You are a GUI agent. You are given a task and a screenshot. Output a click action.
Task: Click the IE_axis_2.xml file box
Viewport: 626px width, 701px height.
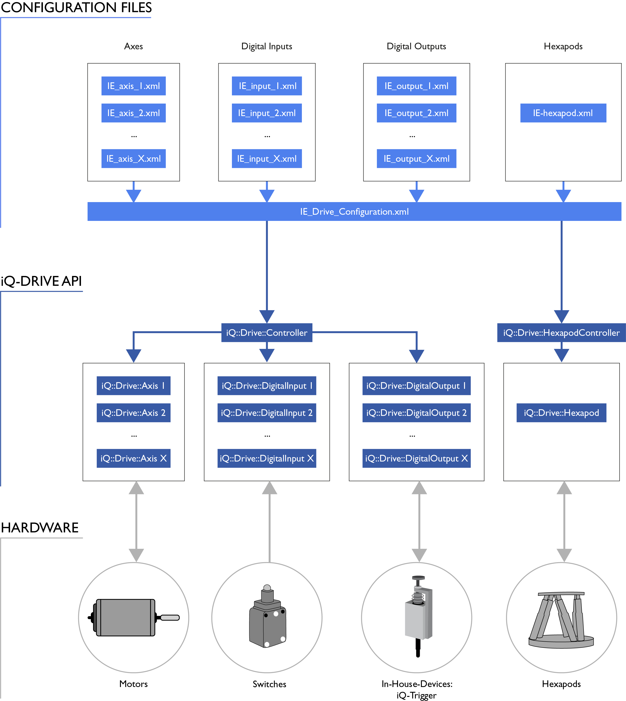134,113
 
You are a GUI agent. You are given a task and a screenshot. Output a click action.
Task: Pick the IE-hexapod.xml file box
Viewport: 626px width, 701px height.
563,113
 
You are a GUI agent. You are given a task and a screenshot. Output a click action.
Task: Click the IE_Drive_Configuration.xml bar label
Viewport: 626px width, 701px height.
354,211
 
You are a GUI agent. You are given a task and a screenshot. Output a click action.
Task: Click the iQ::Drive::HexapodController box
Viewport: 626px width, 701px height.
561,333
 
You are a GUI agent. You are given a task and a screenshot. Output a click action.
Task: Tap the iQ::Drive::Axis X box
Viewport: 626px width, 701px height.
134,458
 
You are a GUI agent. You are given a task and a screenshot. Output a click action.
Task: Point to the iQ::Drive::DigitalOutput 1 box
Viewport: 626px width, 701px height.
417,386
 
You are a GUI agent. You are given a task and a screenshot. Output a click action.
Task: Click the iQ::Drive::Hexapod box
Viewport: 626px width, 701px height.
561,413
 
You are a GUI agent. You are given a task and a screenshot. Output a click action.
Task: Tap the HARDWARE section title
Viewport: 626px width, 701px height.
40,528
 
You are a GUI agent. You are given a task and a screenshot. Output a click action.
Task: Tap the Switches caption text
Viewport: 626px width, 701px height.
269,684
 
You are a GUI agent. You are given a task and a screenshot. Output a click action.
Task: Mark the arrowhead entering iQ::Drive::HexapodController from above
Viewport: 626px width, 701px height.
561,317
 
